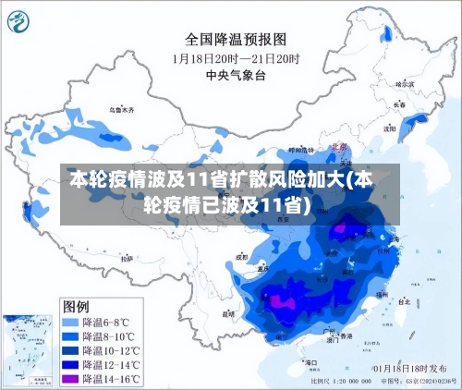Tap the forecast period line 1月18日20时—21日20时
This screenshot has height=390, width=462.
tap(235, 57)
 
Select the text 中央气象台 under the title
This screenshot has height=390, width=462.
tap(234, 75)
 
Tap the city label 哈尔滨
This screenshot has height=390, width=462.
tap(404, 83)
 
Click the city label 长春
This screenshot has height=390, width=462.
tap(399, 104)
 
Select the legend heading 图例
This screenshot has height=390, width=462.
tap(77, 306)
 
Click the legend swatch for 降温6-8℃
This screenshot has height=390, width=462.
tap(70, 322)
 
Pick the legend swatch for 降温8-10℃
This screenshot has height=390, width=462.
tap(70, 336)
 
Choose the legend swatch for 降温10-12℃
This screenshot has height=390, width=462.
tap(70, 351)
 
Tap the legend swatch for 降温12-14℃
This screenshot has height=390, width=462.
tap(70, 366)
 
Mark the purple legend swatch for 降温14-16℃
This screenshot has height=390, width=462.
tap(70, 380)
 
